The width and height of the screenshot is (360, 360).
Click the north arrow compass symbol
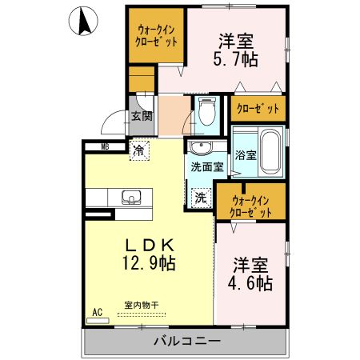click(82, 22)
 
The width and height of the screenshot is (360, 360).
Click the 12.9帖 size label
click(149, 262)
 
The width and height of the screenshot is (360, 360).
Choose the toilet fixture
click(207, 112)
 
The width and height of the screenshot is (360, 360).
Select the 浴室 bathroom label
click(245, 155)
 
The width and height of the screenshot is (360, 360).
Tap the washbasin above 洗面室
click(201, 148)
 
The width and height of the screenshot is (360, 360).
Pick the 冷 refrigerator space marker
click(139, 149)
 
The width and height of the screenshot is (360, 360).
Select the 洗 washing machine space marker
click(200, 196)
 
